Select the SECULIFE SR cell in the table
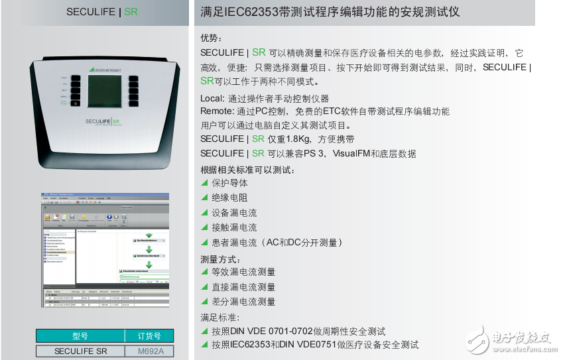coord(80,351)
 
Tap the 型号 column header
coord(80,335)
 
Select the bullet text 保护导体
coord(229,183)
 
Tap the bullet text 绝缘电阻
coord(229,198)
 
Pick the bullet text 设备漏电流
coord(234,213)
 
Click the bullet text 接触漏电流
coord(234,227)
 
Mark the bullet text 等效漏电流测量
coord(243,272)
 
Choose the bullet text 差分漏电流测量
coord(243,302)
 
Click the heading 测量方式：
coord(221,257)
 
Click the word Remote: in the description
coord(217,111)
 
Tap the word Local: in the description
coord(212,98)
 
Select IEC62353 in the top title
coord(258,12)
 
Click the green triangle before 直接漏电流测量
coord(205,286)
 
